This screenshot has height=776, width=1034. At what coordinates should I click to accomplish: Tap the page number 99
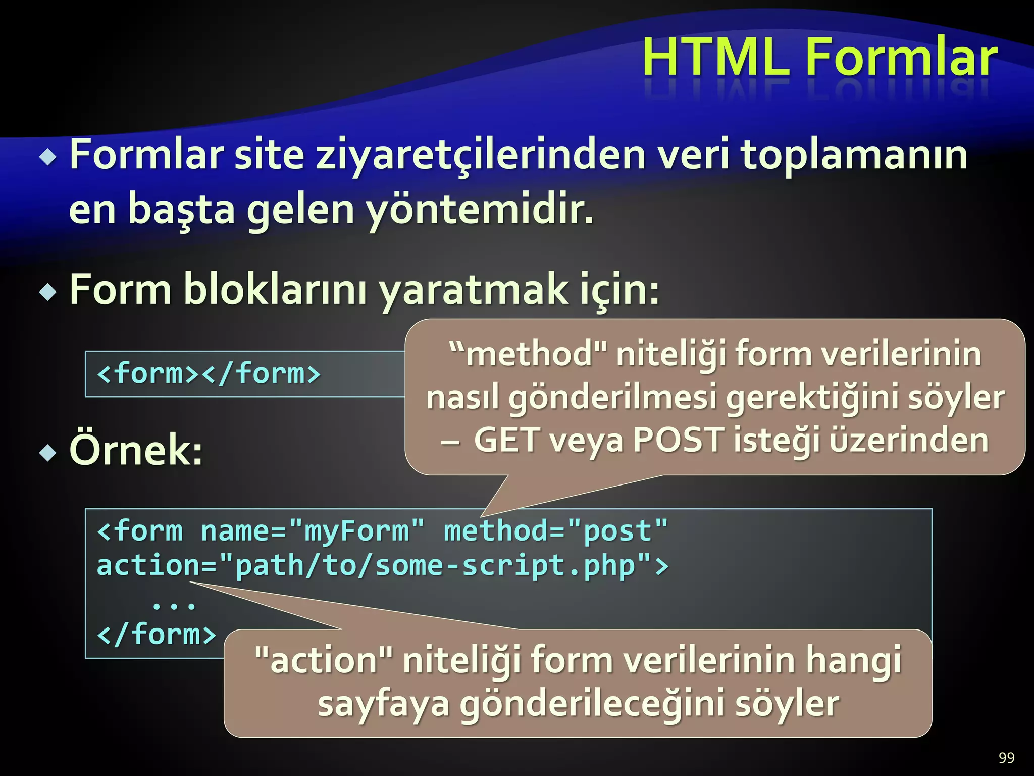click(1006, 758)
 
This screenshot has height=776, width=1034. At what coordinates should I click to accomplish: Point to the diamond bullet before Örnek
click(48, 453)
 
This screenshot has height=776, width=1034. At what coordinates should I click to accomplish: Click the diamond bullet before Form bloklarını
click(48, 292)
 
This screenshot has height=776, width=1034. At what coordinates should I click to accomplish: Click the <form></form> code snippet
click(209, 374)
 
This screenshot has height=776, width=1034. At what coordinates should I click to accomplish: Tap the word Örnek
click(136, 450)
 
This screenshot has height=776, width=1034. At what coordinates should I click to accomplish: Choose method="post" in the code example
click(555, 531)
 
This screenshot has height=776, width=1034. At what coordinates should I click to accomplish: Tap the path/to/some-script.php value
click(435, 566)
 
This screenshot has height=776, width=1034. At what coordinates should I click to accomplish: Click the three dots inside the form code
click(174, 605)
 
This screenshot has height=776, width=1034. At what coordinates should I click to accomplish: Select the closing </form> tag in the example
click(157, 635)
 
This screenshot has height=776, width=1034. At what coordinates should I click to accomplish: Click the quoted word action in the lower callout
click(324, 660)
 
